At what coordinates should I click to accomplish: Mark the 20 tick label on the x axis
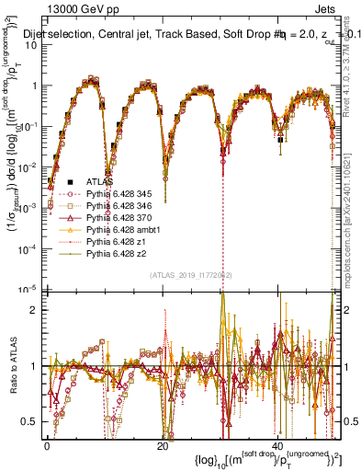[163, 445]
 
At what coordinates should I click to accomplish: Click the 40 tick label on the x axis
[276, 445]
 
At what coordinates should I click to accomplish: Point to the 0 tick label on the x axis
[48, 445]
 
